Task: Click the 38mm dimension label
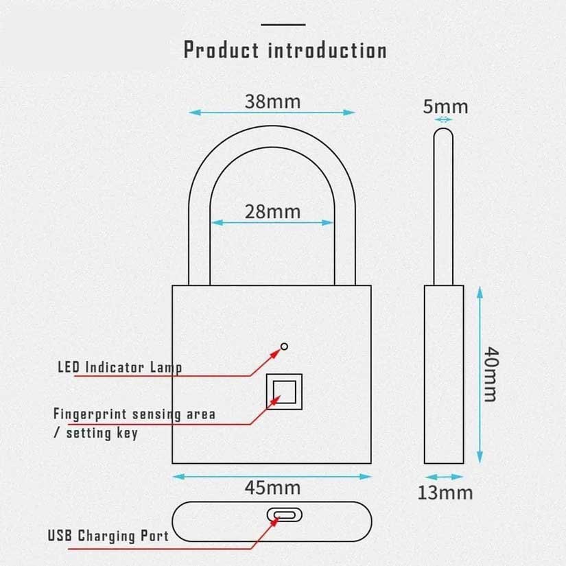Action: click(272, 102)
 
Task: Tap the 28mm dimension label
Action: click(272, 211)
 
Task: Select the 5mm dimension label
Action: click(445, 106)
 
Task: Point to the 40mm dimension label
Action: click(491, 375)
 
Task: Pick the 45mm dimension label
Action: click(272, 488)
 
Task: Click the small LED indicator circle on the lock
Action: click(284, 346)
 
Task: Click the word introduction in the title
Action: click(327, 51)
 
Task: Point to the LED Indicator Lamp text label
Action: click(119, 367)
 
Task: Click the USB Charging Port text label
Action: click(108, 535)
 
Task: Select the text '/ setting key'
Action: click(95, 433)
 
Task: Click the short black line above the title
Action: click(283, 24)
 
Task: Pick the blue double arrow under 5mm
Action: click(445, 119)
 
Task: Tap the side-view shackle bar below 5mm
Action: click(445, 206)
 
